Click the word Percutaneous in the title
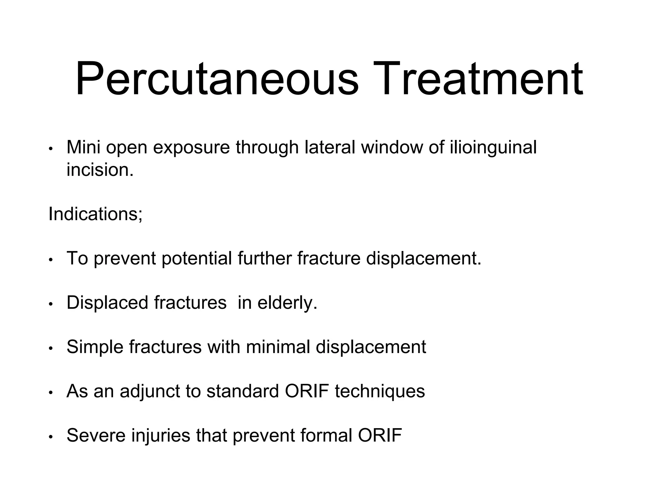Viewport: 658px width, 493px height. click(217, 79)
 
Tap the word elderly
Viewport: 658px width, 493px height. click(287, 303)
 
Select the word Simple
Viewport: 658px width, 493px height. click(95, 347)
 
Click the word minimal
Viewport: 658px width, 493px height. click(278, 347)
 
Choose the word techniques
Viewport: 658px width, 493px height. click(380, 391)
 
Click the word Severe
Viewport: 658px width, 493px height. click(96, 436)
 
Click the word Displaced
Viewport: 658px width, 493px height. click(107, 303)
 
